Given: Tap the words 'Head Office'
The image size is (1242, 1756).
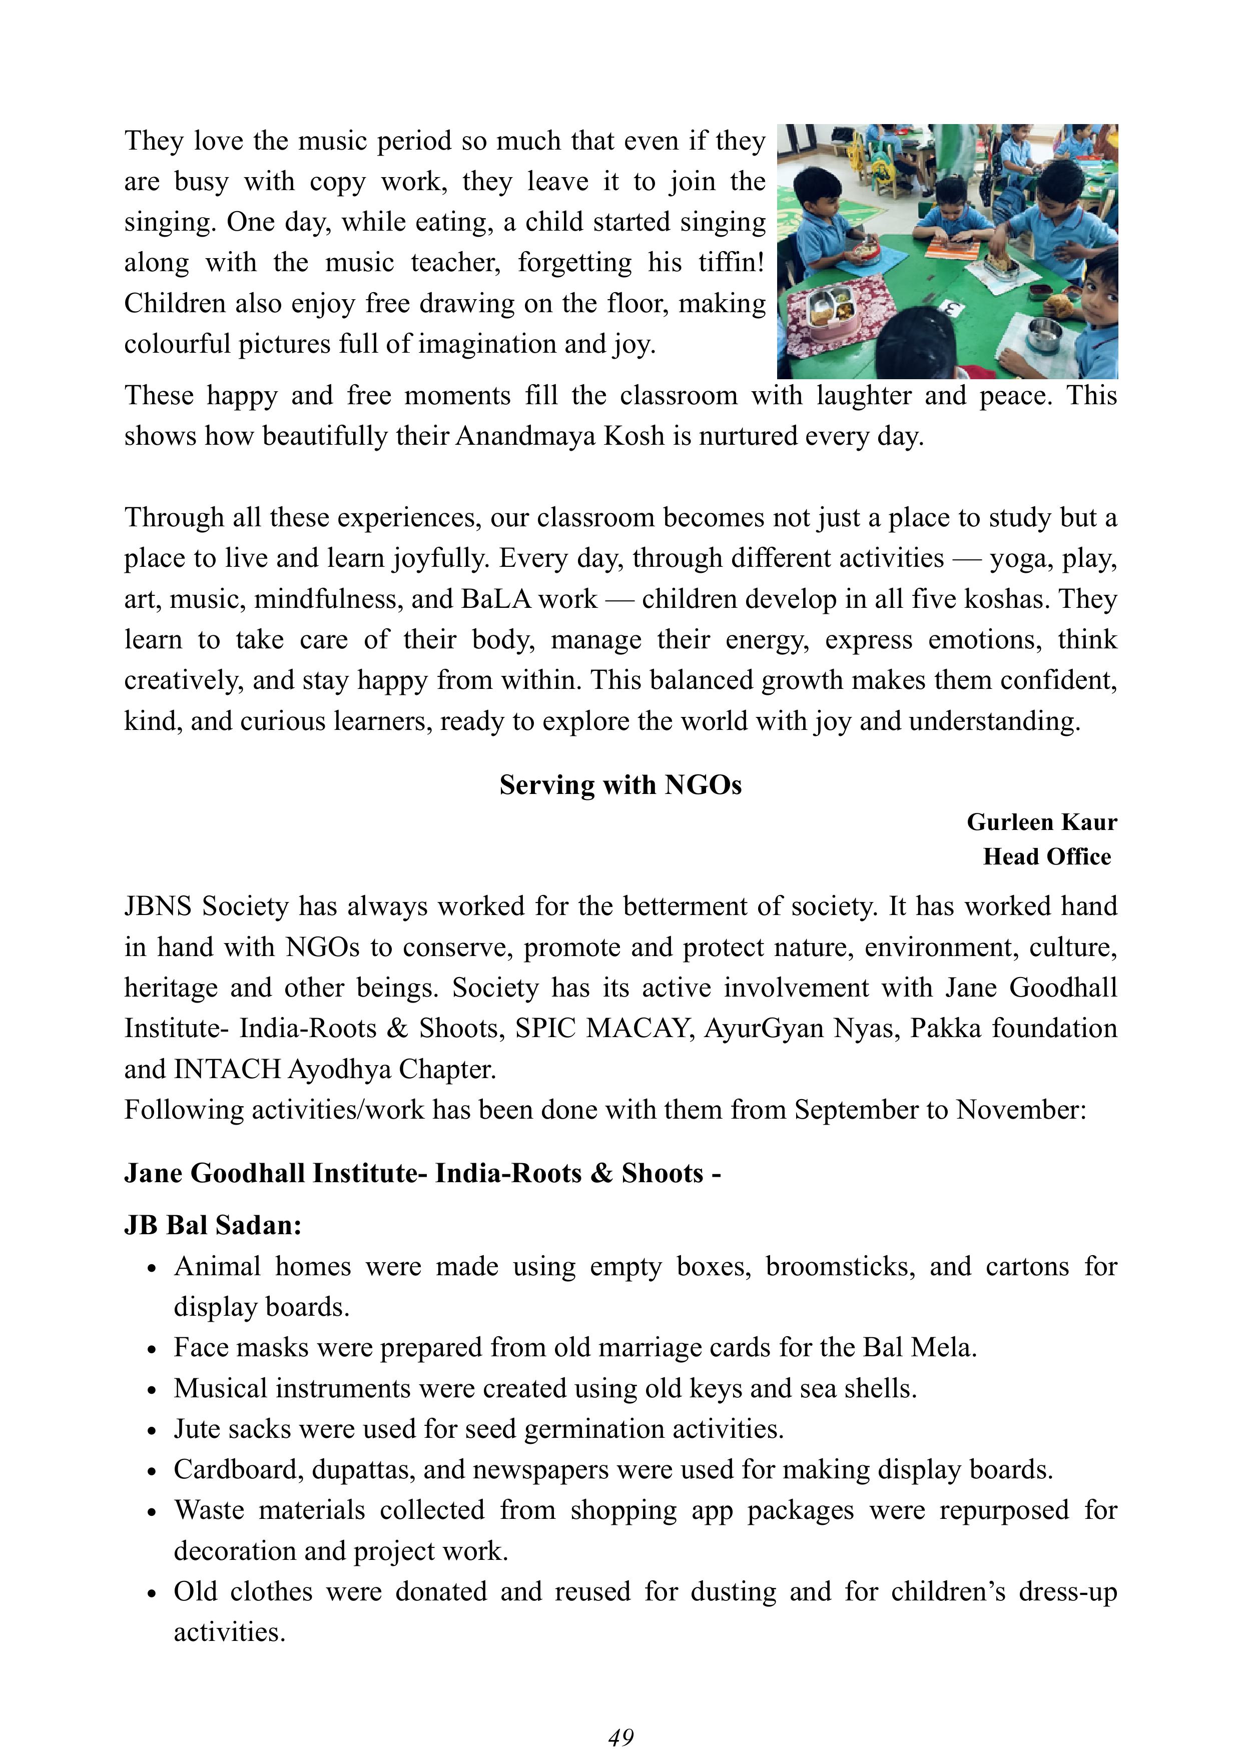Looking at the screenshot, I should [1046, 856].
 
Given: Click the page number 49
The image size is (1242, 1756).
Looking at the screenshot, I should [620, 1737].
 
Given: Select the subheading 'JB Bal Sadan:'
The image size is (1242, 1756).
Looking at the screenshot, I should [213, 1225].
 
